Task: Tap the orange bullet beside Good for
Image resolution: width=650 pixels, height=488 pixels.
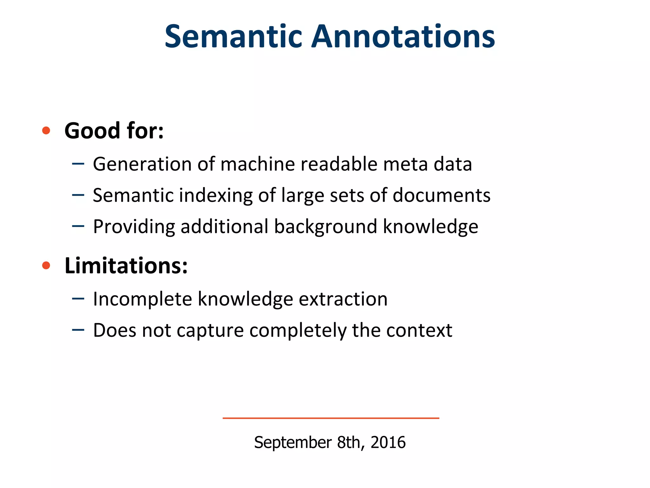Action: point(46,130)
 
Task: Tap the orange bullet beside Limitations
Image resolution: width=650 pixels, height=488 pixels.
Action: point(46,265)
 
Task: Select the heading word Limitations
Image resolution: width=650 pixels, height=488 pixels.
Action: point(126,266)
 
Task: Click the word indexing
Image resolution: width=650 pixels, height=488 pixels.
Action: point(216,195)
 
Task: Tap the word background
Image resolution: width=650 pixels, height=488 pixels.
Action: point(326,227)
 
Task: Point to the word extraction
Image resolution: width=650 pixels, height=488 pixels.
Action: point(343,299)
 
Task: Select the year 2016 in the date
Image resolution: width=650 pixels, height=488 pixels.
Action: point(388,442)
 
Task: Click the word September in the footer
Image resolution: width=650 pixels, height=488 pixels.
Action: point(293,443)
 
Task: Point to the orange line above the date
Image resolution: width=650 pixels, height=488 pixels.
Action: point(331,418)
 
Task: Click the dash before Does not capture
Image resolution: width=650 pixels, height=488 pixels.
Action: point(78,330)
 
